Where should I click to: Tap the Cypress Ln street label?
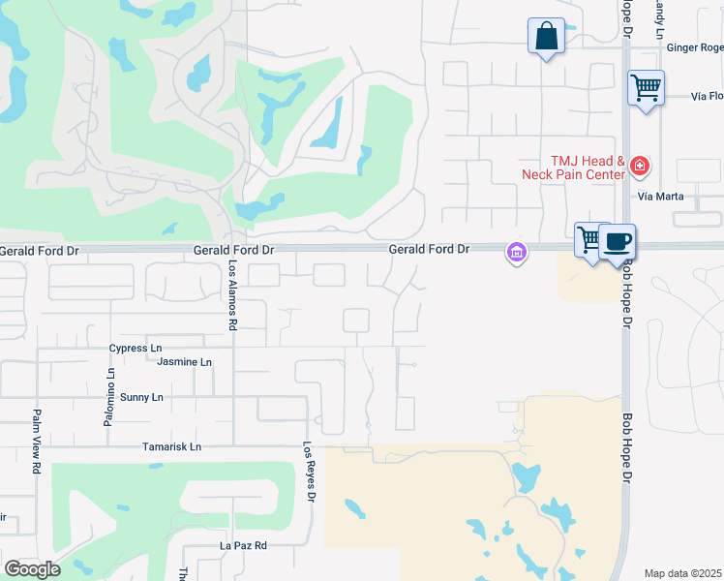(x=135, y=349)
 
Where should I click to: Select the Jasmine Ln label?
(x=186, y=362)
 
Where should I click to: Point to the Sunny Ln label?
(x=141, y=398)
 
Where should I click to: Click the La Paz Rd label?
(x=243, y=546)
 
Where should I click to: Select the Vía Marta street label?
(x=661, y=197)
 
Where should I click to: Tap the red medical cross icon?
(x=639, y=168)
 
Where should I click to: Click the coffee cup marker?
(x=616, y=241)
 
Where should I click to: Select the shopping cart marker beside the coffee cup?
(x=588, y=239)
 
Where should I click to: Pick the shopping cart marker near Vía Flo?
(x=646, y=88)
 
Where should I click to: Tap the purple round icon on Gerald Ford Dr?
(x=517, y=254)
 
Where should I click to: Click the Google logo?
(x=31, y=569)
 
